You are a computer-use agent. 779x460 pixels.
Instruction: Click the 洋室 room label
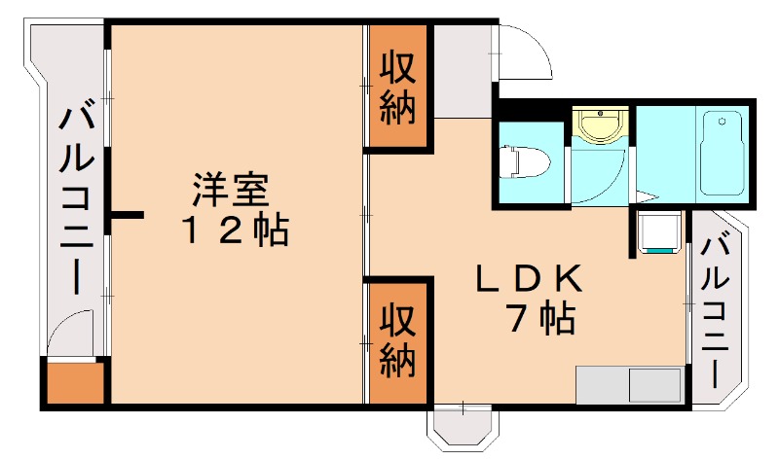click(230, 189)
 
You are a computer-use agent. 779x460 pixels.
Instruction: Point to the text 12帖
click(234, 231)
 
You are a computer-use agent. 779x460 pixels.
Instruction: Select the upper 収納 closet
click(397, 88)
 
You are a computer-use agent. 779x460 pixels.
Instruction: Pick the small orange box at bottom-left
click(73, 383)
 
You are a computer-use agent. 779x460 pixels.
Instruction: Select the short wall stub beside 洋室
click(128, 214)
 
